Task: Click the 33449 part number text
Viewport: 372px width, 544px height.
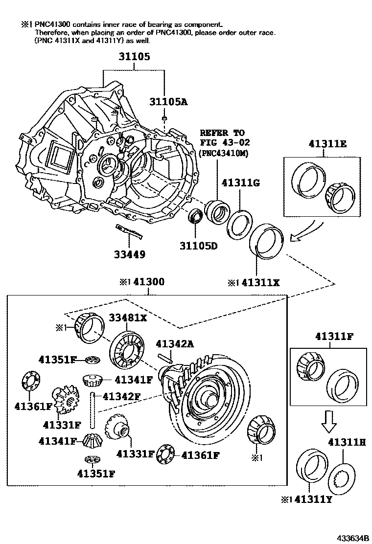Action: [130, 254]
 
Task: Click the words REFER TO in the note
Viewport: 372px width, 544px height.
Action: [222, 133]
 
